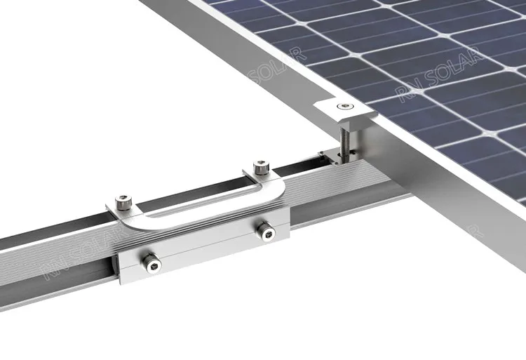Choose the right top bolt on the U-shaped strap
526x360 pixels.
[260, 167]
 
